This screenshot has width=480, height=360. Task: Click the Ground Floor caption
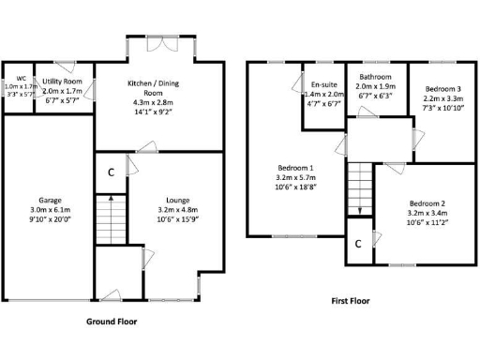coord(112,321)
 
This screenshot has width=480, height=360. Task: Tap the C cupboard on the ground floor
coord(111,172)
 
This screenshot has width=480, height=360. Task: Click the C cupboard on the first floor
coord(358,243)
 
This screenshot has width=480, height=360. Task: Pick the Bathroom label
coord(375,77)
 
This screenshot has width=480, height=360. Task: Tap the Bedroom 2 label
coord(427,203)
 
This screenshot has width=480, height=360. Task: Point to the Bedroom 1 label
coord(292,168)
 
